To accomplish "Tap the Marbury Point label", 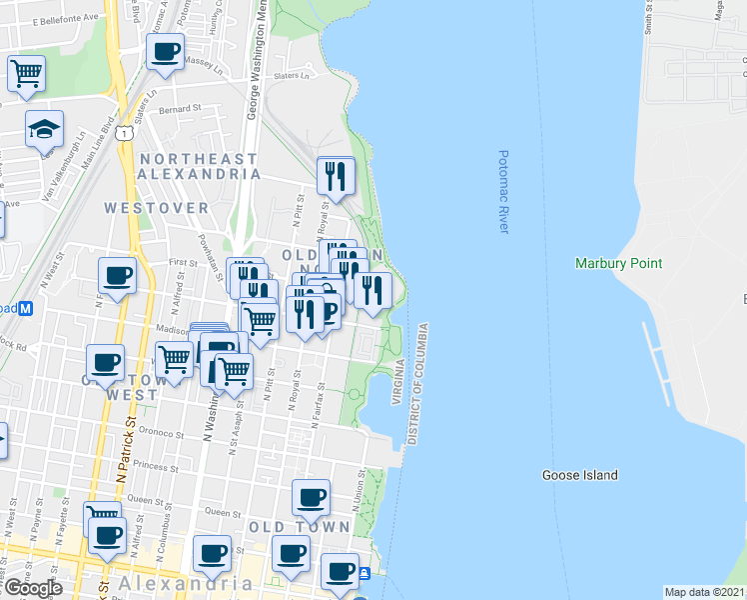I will click(x=618, y=264).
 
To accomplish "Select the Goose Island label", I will click(x=579, y=475).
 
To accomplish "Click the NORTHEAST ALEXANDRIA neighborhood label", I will click(x=200, y=166).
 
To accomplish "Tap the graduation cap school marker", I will click(x=44, y=129).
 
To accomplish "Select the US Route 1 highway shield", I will click(x=121, y=131).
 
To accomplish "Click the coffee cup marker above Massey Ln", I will click(x=165, y=51).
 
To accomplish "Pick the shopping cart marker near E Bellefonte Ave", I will click(x=26, y=72).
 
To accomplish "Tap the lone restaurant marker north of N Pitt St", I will click(x=337, y=176).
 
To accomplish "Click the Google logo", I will click(x=34, y=588).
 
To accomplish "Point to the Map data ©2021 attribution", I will click(x=704, y=592).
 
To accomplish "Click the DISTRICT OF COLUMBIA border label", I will click(x=418, y=384).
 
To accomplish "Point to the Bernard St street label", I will click(x=186, y=108).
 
